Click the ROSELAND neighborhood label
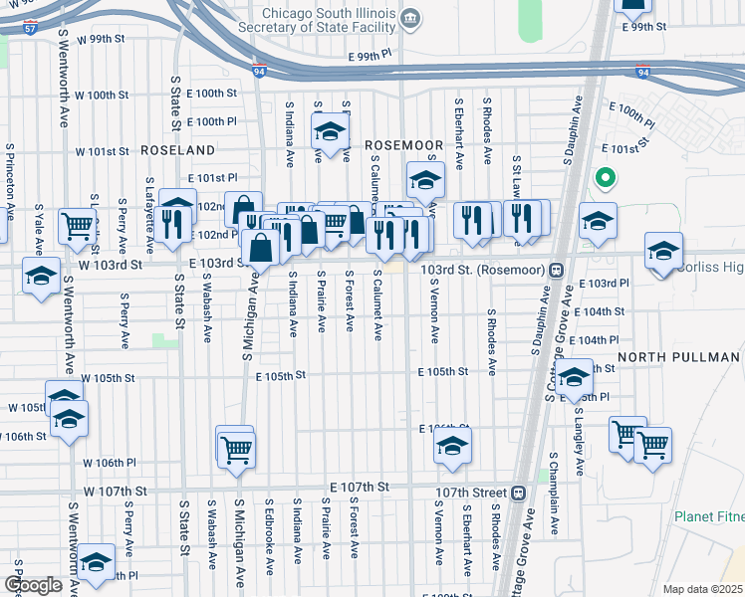click(x=178, y=149)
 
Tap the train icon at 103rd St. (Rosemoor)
click(x=559, y=270)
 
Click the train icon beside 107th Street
click(x=519, y=493)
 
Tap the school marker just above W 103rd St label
click(x=41, y=276)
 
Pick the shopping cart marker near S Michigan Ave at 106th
click(x=236, y=449)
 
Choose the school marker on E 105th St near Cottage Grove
click(x=574, y=379)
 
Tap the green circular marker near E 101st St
click(x=603, y=179)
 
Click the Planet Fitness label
click(x=709, y=516)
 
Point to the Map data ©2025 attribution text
click(x=702, y=589)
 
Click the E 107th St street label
click(x=354, y=486)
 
